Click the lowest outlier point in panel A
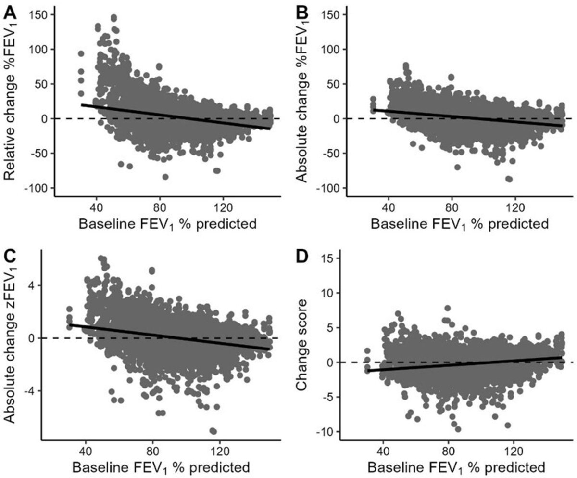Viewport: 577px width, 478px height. [165, 177]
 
